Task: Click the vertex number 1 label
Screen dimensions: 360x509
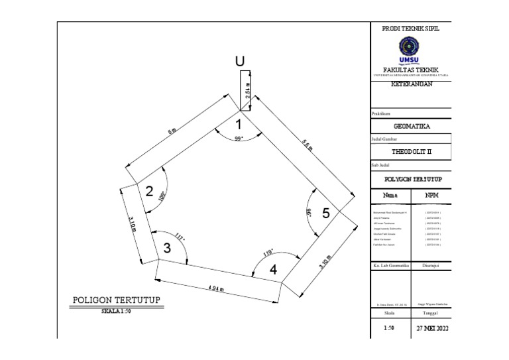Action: point(239,124)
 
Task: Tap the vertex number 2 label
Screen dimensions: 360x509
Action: point(149,193)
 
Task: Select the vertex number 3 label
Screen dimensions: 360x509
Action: point(167,249)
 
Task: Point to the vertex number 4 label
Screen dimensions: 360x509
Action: point(273,270)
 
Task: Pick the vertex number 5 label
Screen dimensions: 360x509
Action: point(325,213)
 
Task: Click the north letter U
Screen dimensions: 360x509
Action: point(240,62)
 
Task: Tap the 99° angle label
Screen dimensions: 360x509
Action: point(239,139)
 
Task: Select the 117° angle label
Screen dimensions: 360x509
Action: point(180,237)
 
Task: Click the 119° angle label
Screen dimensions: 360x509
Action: point(268,253)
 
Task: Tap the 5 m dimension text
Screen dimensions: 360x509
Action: point(172,131)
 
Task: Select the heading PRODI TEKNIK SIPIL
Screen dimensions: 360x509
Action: point(410,29)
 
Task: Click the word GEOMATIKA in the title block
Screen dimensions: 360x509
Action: point(411,126)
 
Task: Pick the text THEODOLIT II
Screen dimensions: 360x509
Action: point(411,151)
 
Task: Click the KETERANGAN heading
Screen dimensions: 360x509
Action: point(411,84)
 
